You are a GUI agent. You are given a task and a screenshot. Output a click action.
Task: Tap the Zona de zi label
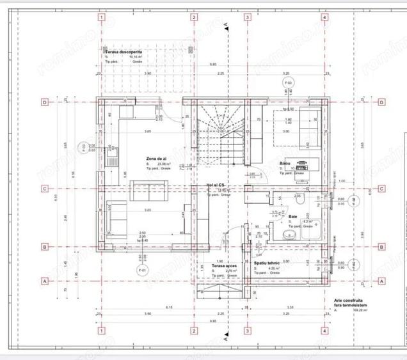coord(157,158)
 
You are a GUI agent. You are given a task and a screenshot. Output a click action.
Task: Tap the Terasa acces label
coord(225,265)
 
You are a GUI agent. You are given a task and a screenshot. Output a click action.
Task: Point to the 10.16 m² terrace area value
coord(135,57)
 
